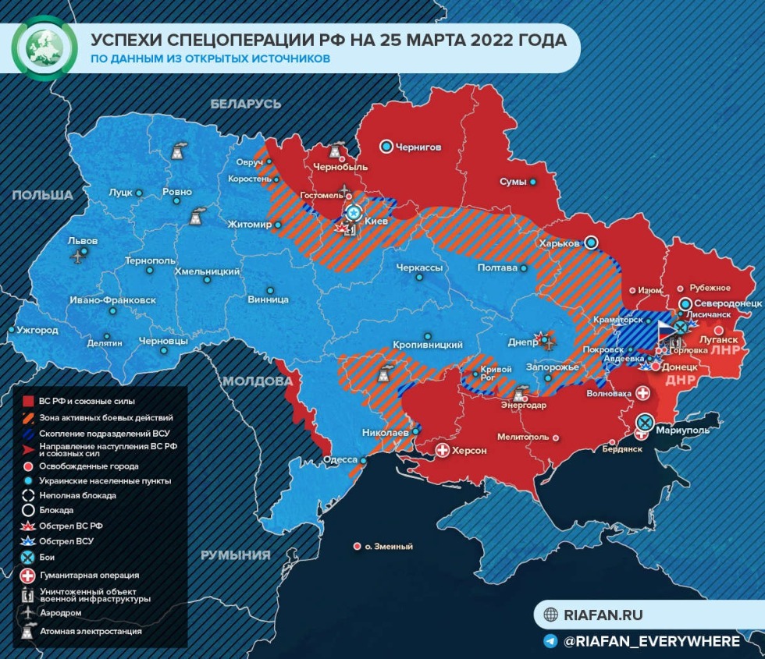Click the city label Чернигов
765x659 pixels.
coord(419,147)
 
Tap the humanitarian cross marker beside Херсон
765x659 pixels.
coord(443,451)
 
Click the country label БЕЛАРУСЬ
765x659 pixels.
coord(245,103)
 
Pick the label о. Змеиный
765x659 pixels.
coord(388,547)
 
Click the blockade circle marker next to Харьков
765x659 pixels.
coord(591,243)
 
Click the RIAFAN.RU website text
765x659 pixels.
coord(603,615)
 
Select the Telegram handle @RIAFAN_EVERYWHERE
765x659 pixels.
coord(651,641)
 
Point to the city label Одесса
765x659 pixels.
coord(340,460)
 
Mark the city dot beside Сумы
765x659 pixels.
coord(533,182)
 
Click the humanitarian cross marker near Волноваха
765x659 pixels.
coord(643,393)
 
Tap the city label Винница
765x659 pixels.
coord(268,299)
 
